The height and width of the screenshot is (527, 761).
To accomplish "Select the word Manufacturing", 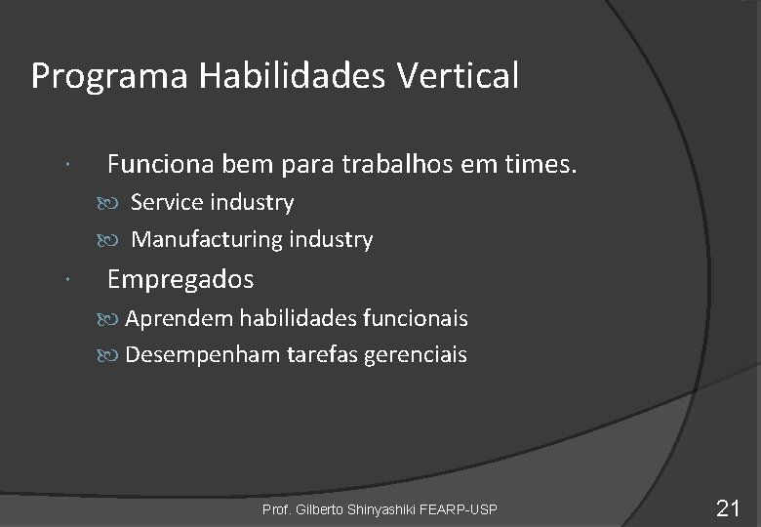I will pyautogui.click(x=203, y=239).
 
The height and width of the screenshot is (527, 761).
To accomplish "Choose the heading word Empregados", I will pyautogui.click(x=180, y=280).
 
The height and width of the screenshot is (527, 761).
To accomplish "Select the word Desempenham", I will pyautogui.click(x=202, y=355).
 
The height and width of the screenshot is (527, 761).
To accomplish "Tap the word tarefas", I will pyautogui.click(x=322, y=355).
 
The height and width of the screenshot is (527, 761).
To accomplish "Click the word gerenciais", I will pyautogui.click(x=416, y=355).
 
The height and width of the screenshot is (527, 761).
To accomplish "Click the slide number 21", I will pyautogui.click(x=729, y=507).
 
